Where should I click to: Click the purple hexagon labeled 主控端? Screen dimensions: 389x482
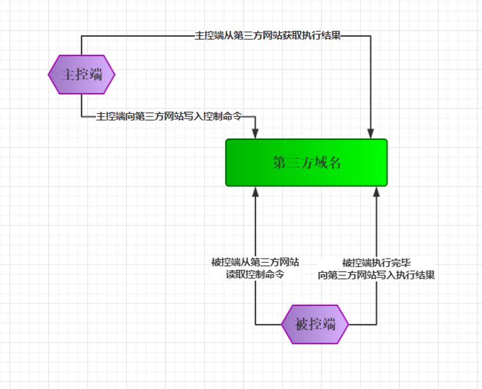pyautogui.click(x=81, y=75)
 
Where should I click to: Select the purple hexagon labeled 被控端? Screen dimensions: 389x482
pyautogui.click(x=315, y=324)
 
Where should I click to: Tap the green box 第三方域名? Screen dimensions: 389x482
pyautogui.click(x=306, y=162)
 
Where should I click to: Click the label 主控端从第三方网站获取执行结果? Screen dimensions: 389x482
pyautogui.click(x=268, y=36)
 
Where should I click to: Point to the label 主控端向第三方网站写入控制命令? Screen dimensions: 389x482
pyautogui.click(x=168, y=116)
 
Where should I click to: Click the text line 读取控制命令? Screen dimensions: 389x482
pyautogui.click(x=255, y=275)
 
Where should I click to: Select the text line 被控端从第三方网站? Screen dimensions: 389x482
pyautogui.click(x=255, y=262)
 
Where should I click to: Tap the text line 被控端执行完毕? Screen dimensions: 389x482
pyautogui.click(x=376, y=262)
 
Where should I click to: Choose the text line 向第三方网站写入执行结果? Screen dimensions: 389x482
pyautogui.click(x=376, y=275)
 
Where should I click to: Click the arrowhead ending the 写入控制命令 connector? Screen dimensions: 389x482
pyautogui.click(x=255, y=134)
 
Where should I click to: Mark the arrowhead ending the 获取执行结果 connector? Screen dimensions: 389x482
pyautogui.click(x=371, y=134)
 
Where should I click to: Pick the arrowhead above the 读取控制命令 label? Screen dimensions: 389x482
pyautogui.click(x=255, y=191)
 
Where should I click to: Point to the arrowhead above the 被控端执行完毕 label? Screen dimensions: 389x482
pyautogui.click(x=376, y=191)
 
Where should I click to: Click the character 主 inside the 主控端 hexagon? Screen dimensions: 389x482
pyautogui.click(x=68, y=75)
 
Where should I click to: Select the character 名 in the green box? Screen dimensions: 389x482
pyautogui.click(x=335, y=163)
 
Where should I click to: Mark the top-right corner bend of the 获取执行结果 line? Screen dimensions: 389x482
pyautogui.click(x=371, y=36)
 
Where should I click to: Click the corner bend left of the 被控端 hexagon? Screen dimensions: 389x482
pyautogui.click(x=255, y=324)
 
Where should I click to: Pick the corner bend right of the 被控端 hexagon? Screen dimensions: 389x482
pyautogui.click(x=376, y=324)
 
